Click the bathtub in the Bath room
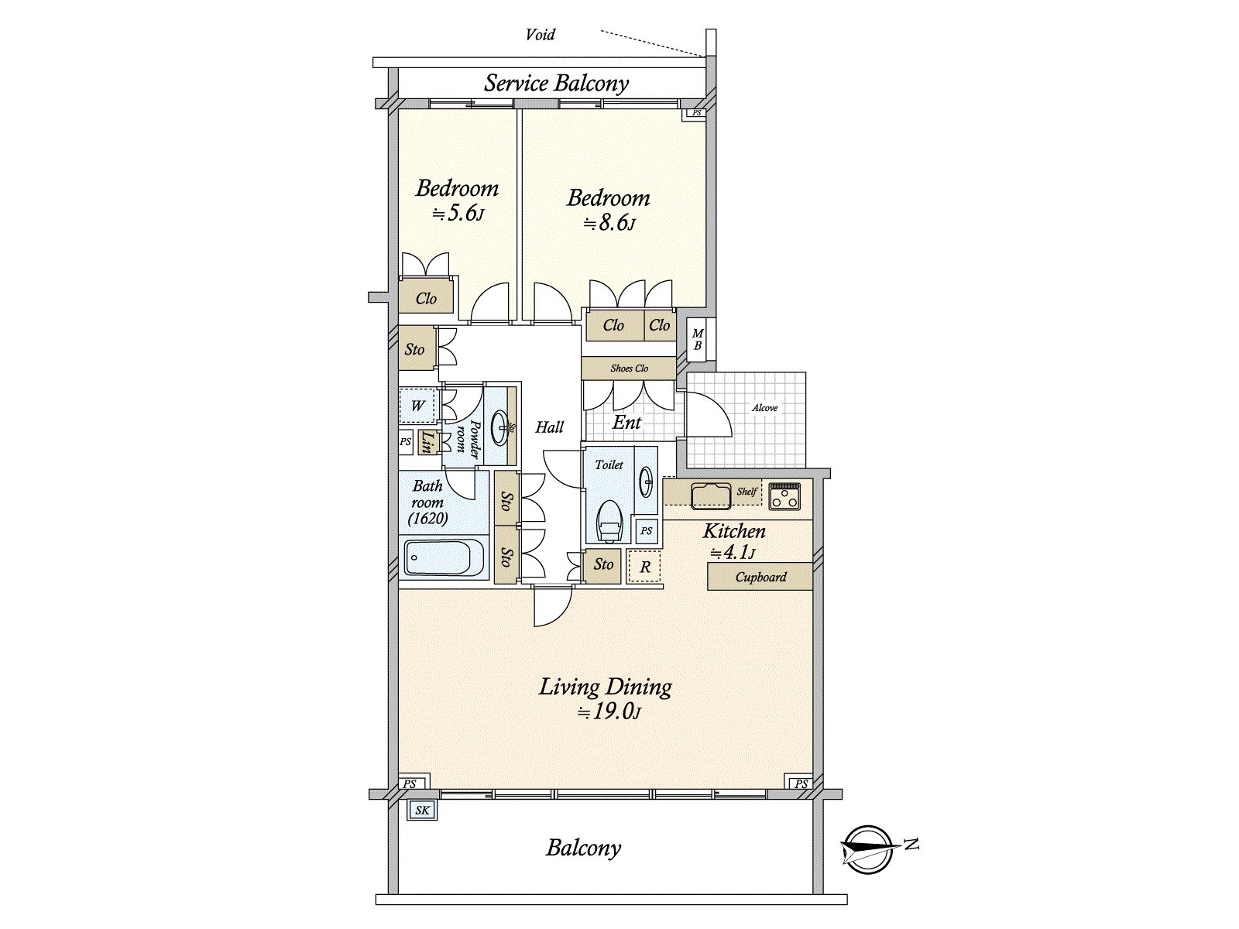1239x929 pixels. [444, 557]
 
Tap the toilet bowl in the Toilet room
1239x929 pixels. [609, 520]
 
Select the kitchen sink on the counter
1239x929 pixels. [711, 495]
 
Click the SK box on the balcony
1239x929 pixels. [422, 811]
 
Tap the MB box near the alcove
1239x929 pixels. [697, 341]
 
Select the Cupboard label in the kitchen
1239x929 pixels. [760, 577]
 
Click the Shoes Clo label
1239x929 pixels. [629, 369]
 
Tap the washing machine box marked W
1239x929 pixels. [417, 406]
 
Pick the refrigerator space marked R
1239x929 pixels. [644, 567]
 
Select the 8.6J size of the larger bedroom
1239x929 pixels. [610, 224]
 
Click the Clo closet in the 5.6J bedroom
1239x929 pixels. [426, 298]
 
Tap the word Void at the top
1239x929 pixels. [540, 34]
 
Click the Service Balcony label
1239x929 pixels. [556, 83]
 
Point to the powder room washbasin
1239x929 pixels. [503, 425]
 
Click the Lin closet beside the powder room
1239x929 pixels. [426, 443]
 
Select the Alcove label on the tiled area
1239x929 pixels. [765, 408]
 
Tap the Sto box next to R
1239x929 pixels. [604, 564]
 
